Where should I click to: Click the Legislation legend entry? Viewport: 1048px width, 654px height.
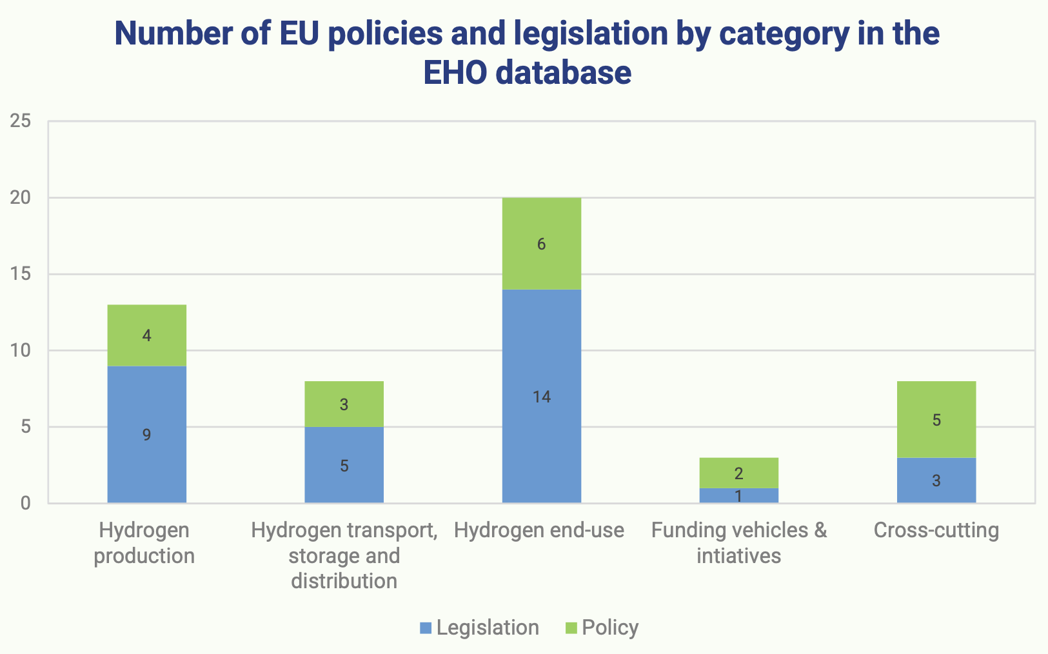[479, 628]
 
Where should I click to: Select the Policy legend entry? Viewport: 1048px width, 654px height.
[602, 628]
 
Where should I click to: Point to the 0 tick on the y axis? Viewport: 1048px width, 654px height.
[25, 503]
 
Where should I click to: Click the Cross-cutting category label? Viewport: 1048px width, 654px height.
[936, 530]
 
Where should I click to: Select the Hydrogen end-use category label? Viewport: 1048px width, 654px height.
[539, 530]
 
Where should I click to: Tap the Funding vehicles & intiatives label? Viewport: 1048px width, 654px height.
[738, 542]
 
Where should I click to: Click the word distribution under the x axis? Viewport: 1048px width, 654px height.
[344, 580]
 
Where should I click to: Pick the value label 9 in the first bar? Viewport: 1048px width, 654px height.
[147, 435]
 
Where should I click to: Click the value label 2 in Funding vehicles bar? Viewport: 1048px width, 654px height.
[738, 474]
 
